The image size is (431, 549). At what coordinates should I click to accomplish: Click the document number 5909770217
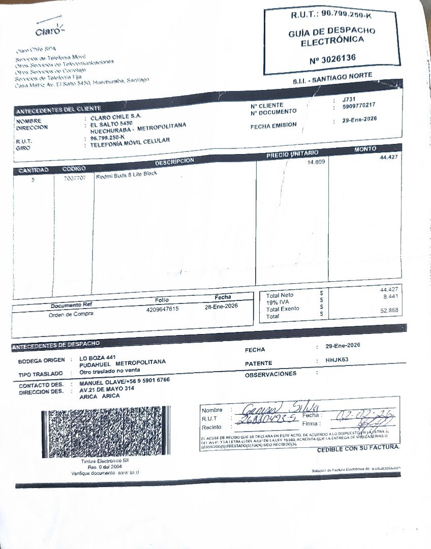(x=359, y=105)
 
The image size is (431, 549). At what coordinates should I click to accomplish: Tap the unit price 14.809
(x=316, y=162)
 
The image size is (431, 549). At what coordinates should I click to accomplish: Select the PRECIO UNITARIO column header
(x=292, y=154)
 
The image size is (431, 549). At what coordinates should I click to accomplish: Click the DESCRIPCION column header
(x=174, y=161)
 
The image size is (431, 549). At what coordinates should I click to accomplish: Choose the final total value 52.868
(x=389, y=310)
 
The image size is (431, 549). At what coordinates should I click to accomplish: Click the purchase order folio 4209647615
(x=162, y=309)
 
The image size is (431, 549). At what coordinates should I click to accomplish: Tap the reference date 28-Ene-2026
(x=221, y=306)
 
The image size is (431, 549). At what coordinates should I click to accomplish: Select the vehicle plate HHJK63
(x=337, y=360)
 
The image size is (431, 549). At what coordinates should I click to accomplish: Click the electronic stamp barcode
(x=105, y=431)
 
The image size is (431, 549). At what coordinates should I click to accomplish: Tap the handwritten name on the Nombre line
(x=281, y=408)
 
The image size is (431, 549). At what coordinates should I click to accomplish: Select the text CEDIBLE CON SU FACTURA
(x=358, y=448)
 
